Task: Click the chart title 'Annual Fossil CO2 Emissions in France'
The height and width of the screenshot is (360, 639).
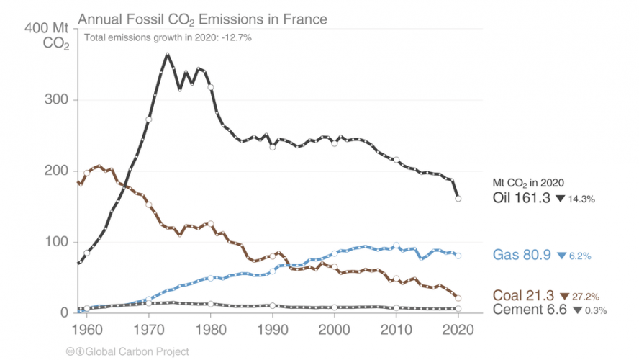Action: pos(202,19)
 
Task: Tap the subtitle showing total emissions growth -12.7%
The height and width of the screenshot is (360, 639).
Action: pos(168,38)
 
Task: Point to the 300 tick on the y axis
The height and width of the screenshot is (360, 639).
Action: pos(60,100)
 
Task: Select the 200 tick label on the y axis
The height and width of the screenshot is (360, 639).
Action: pos(60,171)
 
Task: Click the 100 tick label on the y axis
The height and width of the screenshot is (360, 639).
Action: pos(60,242)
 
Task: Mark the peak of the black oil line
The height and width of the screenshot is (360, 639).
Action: pos(167,55)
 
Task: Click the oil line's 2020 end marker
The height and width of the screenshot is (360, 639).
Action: pos(458,199)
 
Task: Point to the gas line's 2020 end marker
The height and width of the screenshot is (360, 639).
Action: pos(458,256)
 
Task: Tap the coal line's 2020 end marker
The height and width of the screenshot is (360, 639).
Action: pos(458,298)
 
